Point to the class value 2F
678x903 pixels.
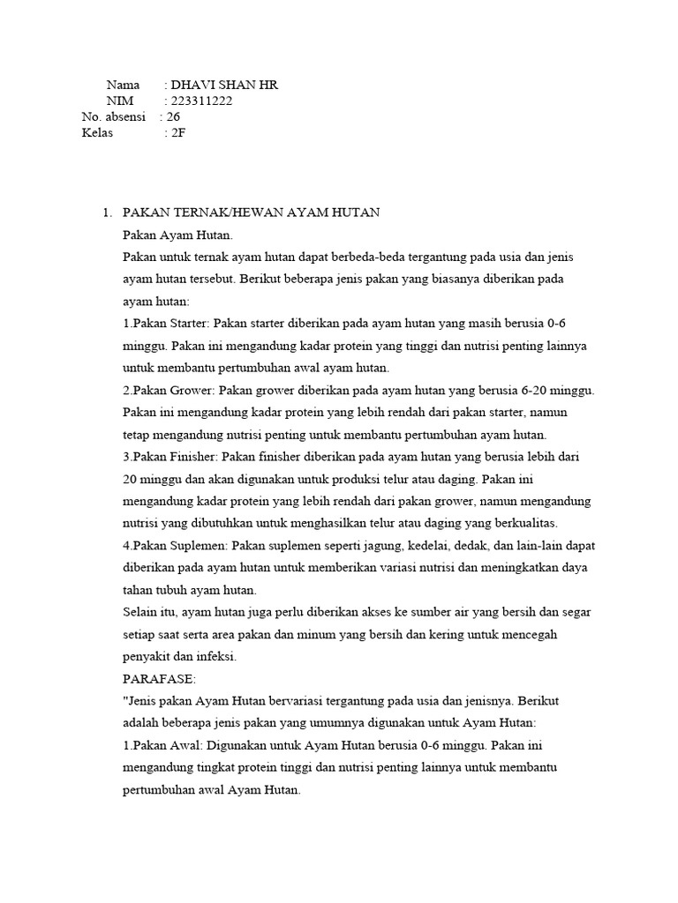click(177, 133)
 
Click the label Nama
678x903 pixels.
click(123, 85)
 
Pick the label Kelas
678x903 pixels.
click(98, 133)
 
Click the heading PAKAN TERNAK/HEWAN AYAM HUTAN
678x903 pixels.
click(251, 213)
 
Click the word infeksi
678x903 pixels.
click(218, 657)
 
